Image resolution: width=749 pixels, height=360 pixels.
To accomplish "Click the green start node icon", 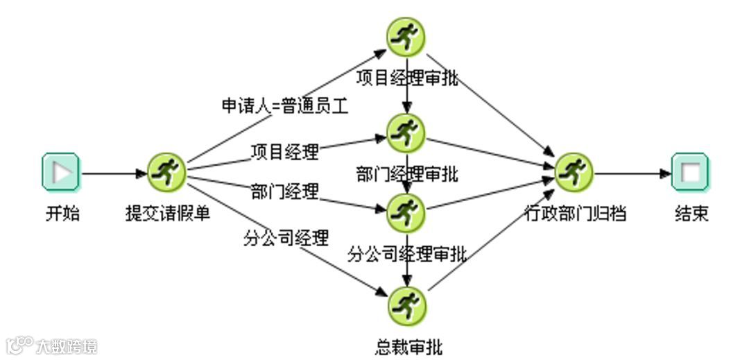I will (61, 171).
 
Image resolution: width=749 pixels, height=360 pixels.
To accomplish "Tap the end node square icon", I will (691, 171).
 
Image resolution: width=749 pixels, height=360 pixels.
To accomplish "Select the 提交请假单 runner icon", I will (166, 171).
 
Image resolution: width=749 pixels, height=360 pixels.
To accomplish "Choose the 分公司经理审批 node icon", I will (406, 212).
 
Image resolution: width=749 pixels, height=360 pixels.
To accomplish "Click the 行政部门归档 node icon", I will (575, 171).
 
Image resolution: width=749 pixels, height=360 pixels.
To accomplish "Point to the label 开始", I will (62, 214).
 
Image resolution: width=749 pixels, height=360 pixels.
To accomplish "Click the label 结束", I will (691, 214).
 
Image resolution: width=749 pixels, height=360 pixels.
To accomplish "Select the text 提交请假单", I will (167, 214).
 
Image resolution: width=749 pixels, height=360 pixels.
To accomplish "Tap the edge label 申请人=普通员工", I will (284, 106).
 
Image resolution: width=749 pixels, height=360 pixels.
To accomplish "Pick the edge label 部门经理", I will (284, 191).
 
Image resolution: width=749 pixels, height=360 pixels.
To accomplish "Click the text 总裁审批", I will (407, 346).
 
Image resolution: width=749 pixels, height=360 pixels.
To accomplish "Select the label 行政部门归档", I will (575, 214).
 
